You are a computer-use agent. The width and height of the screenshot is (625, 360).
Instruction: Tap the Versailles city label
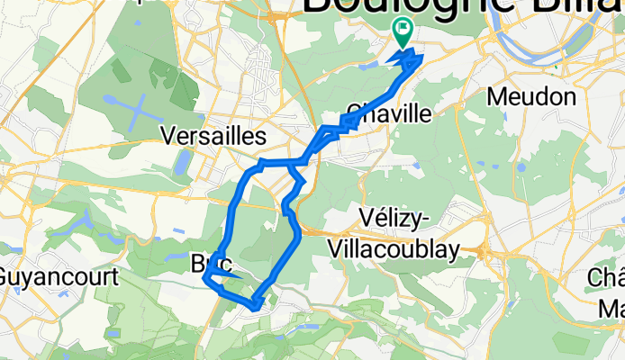tap(213, 137)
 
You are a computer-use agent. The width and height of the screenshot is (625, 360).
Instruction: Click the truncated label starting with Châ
tap(610, 277)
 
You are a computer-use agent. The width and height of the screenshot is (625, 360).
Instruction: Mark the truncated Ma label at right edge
tap(612, 309)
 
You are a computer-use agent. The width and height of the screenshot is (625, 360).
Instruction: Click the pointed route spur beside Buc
tap(206, 280)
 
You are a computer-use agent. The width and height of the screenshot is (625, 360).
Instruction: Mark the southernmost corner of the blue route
tap(257, 307)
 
